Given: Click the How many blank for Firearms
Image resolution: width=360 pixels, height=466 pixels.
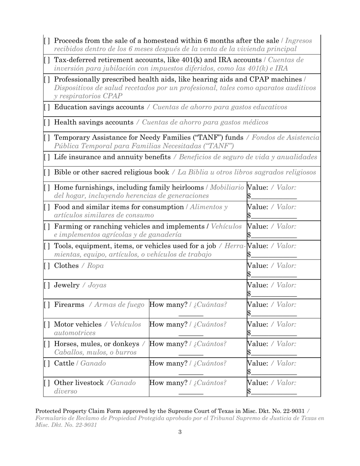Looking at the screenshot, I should [191, 313].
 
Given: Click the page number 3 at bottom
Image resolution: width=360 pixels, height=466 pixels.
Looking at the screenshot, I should [180, 432].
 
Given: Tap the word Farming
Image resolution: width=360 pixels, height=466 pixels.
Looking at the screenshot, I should [69, 227].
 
